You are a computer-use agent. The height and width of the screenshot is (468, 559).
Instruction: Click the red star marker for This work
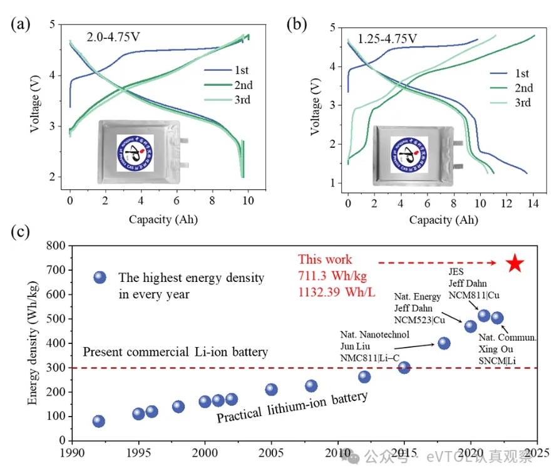tap(514, 263)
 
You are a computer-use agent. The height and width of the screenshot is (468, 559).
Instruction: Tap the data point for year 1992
tap(99, 421)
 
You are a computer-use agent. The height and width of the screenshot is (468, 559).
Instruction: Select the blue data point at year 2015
tap(404, 367)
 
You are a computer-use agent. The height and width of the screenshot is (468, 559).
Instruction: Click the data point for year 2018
tap(444, 343)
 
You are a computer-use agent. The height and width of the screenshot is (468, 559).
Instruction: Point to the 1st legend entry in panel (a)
tap(240, 70)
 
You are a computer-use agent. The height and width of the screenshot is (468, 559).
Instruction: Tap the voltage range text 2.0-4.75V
tap(113, 36)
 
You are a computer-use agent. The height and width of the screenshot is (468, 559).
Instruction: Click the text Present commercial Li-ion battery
tap(175, 352)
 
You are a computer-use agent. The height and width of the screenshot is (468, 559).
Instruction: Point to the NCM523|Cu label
tap(419, 320)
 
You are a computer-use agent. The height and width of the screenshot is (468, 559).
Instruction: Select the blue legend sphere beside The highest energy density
tap(100, 277)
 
